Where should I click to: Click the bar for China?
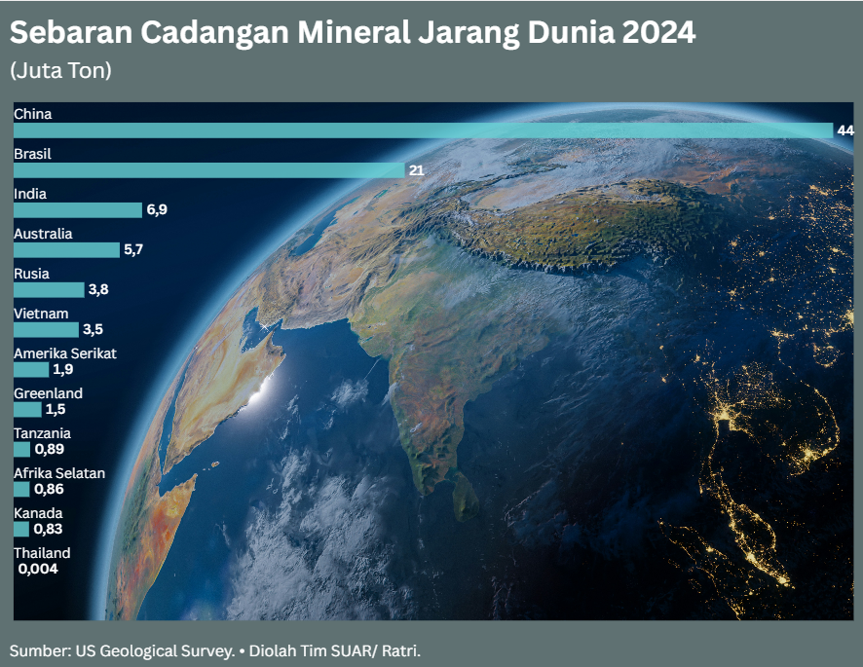[x=423, y=130]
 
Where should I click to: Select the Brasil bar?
[x=209, y=170]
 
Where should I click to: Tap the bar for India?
[x=78, y=210]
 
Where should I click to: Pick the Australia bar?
[x=66, y=250]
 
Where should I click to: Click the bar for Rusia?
[x=49, y=290]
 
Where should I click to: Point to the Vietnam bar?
[x=46, y=330]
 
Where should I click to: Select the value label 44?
[x=844, y=130]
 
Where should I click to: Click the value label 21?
[x=416, y=170]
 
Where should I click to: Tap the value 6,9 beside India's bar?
[x=158, y=210]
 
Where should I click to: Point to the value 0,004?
[x=38, y=570]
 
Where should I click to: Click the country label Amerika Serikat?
[x=64, y=353]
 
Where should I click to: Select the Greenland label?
[x=48, y=393]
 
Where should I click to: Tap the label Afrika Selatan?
[x=58, y=473]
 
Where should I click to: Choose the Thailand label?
[x=42, y=553]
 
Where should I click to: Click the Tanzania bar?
[x=21, y=450]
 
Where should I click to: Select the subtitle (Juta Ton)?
[x=60, y=71]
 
